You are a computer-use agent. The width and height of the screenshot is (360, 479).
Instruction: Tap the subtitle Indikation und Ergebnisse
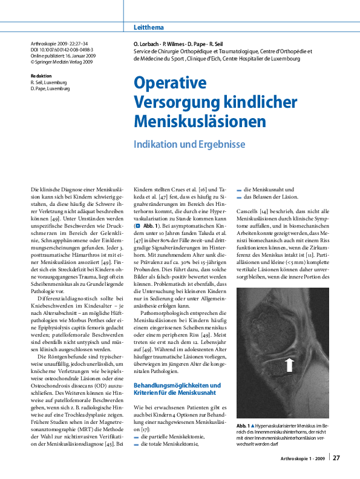(189, 145)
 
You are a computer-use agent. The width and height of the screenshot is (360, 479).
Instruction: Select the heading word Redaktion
(41, 76)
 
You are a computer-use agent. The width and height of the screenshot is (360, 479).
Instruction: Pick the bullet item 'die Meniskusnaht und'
(266, 190)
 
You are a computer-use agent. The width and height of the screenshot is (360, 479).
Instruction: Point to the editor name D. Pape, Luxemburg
(50, 88)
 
